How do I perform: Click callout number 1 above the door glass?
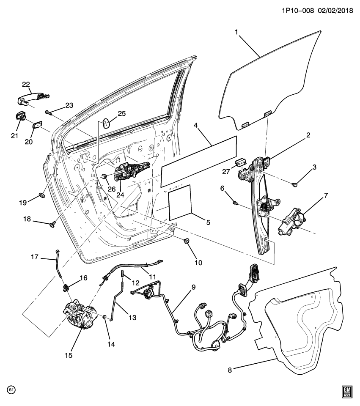coord(236,32)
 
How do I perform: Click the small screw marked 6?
coord(234,203)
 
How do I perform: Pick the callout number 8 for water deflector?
coord(230,370)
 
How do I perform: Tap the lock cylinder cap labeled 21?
coord(20,115)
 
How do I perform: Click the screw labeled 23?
coord(47,112)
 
